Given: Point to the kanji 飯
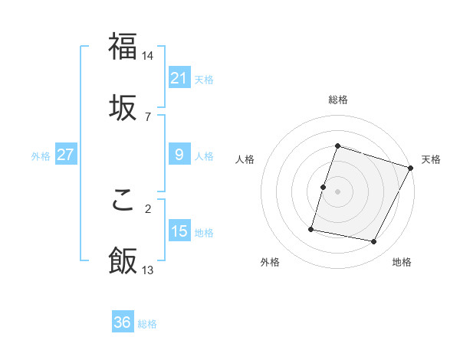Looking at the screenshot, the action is point(123,260).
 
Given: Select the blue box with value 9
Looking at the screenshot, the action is point(179,155).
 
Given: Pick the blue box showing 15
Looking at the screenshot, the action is point(179,231).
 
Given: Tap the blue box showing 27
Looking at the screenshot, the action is point(65,155).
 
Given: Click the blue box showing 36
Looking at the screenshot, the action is point(122,322).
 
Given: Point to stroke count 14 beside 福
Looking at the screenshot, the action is point(148,56).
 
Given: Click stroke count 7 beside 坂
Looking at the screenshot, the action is point(148,116).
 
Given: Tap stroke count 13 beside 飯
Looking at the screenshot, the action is point(148,270).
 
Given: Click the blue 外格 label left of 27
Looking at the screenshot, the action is point(41,156).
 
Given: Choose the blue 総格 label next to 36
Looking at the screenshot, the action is point(147,324).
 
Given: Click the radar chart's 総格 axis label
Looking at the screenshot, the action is point(337,100).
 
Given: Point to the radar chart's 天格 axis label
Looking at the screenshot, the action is point(431,159).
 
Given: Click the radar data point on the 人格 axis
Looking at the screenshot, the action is point(324,187).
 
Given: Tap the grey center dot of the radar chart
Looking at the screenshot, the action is point(337,191).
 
